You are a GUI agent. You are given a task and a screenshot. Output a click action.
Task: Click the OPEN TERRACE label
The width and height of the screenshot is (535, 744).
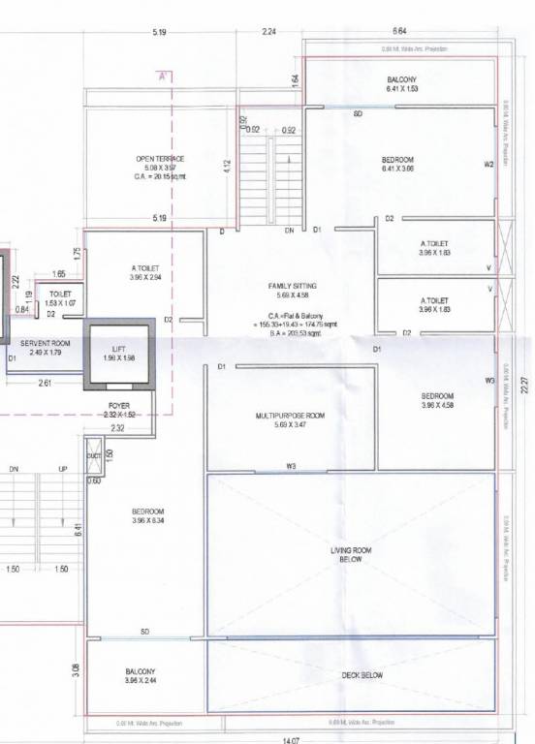[160, 158]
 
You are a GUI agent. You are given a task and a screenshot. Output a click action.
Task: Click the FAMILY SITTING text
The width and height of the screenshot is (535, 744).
[293, 286]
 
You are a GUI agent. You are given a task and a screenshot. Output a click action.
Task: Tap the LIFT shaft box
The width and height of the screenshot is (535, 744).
[117, 354]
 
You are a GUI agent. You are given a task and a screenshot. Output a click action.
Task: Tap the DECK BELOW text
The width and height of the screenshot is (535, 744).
[362, 675]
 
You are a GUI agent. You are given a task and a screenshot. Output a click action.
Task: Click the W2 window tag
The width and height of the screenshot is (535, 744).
[489, 165]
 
